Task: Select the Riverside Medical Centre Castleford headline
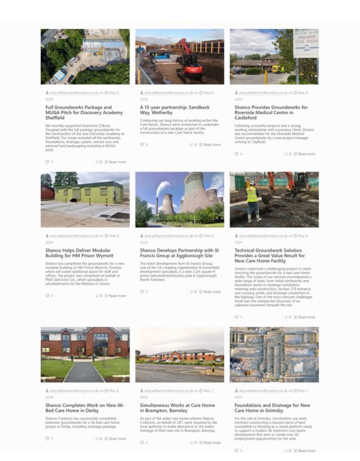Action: pyautogui.click(x=271, y=112)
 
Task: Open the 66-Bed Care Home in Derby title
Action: pyautogui.click(x=84, y=408)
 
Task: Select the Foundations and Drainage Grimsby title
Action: pyautogui.click(x=272, y=408)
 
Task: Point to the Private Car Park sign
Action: pyautogui.click(x=305, y=43)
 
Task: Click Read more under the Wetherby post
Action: pyautogui.click(x=211, y=145)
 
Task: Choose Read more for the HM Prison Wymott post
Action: pyautogui.click(x=117, y=296)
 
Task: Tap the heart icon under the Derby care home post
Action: pyautogui.click(x=47, y=438)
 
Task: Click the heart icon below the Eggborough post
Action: pyautogui.click(x=142, y=292)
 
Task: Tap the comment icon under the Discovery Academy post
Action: pyautogui.click(x=97, y=162)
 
